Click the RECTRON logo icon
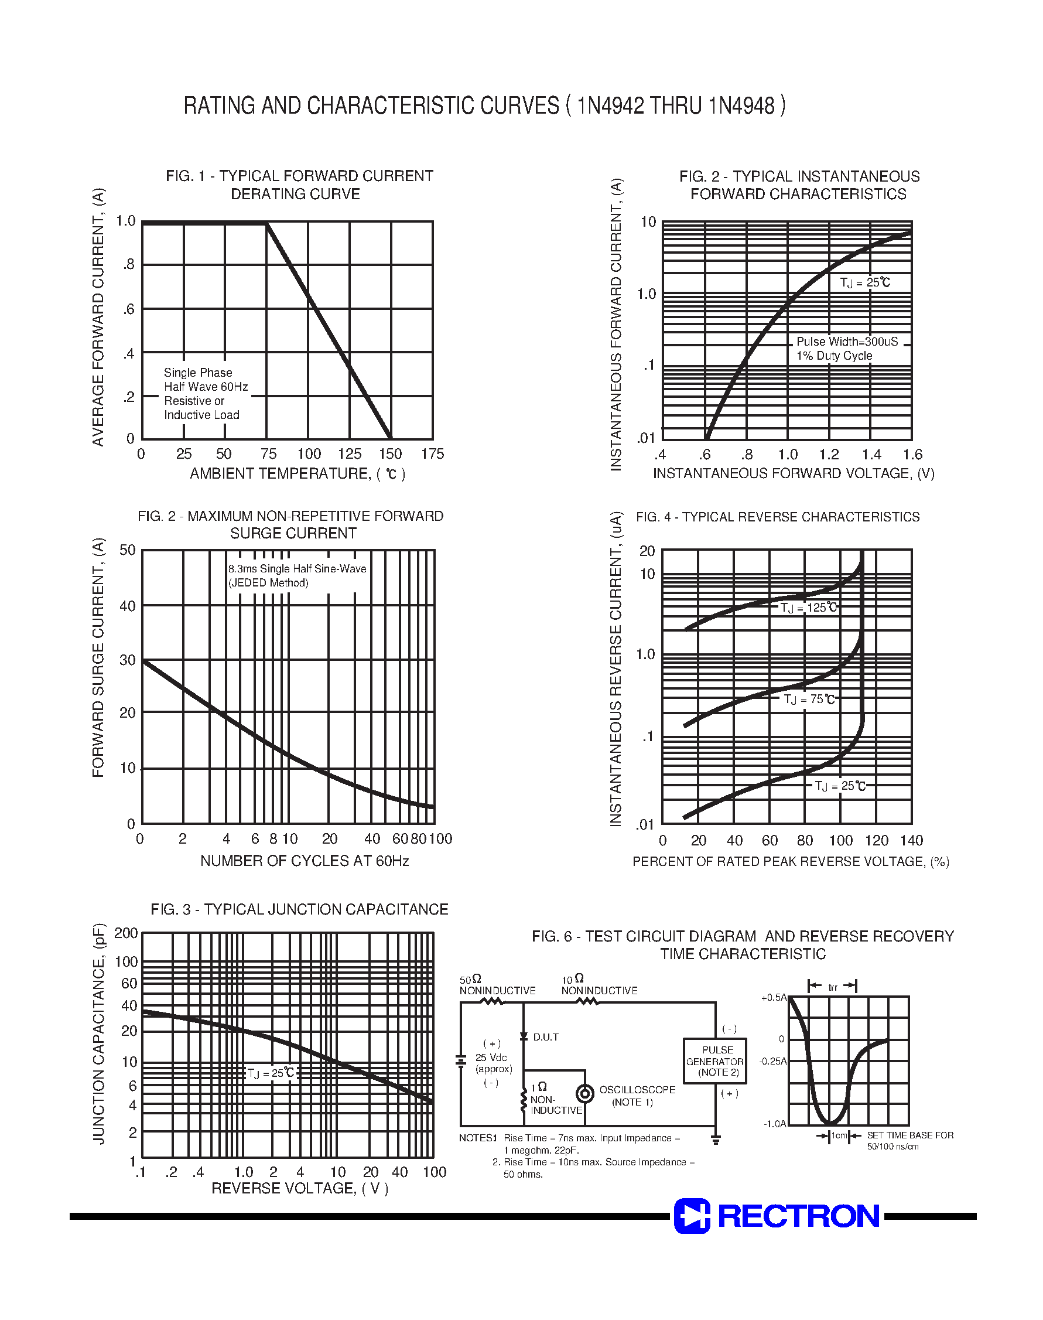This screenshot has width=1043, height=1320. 691,1216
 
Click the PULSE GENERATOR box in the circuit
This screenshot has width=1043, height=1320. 714,1061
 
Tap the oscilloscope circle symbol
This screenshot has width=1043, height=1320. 585,1093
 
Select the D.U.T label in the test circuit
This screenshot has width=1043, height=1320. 545,1037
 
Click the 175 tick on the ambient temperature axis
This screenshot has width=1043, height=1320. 432,454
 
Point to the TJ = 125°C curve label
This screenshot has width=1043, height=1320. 809,608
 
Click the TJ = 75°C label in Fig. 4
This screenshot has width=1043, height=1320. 810,700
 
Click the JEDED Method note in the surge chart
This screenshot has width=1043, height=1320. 269,583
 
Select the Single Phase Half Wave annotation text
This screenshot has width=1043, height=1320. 205,393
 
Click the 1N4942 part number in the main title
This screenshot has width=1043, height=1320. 610,105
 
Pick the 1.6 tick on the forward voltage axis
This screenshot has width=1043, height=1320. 912,455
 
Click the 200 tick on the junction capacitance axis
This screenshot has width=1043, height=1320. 126,933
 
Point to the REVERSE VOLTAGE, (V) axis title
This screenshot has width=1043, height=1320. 299,1188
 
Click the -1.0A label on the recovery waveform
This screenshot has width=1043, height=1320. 774,1124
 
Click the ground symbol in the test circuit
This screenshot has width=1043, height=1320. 716,1139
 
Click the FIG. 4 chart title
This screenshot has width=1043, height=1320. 777,517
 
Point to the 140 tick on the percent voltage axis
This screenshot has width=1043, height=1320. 911,841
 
